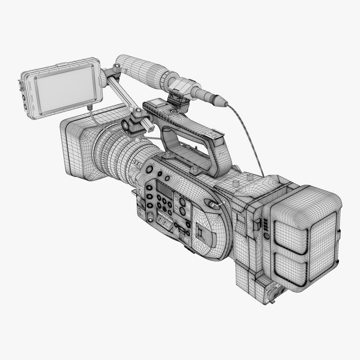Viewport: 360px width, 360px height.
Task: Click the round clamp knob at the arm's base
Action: pyautogui.click(x=130, y=126)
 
